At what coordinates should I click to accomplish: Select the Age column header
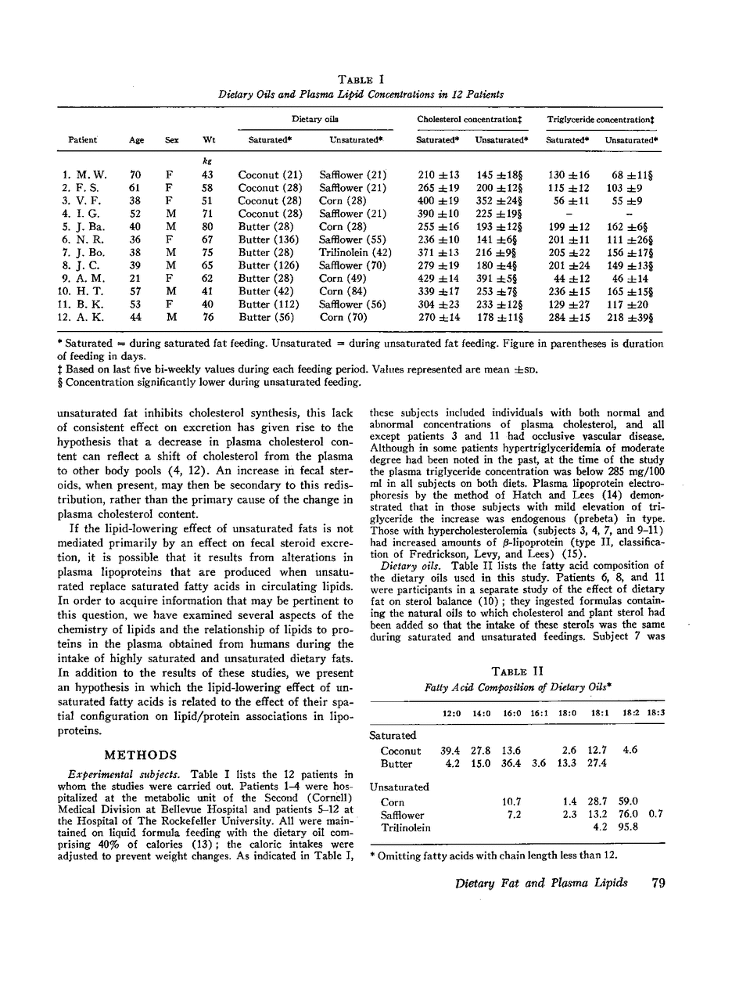pyautogui.click(x=136, y=140)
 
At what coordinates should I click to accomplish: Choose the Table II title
pyautogui.click(x=515, y=672)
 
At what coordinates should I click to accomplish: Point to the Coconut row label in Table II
pyautogui.click(x=400, y=751)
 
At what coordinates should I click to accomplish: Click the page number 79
pyautogui.click(x=657, y=883)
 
